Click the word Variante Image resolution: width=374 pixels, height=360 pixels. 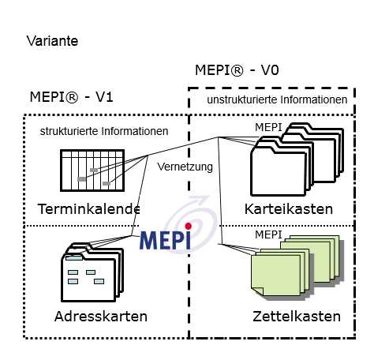(52, 41)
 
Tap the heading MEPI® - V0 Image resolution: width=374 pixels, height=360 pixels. (237, 70)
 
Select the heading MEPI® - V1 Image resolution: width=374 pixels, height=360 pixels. (72, 97)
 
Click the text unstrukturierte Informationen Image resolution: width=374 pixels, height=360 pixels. (277, 99)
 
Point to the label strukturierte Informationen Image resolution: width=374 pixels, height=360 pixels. (104, 131)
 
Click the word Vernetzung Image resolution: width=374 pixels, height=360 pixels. (185, 167)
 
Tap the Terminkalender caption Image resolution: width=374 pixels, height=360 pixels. (89, 209)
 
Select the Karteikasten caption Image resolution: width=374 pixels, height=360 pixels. (289, 209)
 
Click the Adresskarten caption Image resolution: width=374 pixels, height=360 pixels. (101, 316)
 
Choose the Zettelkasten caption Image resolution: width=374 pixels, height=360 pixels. (297, 316)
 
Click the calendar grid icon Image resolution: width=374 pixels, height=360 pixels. (92, 171)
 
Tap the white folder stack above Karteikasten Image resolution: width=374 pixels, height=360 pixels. (297, 159)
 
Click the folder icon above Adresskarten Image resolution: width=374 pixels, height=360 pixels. (92, 272)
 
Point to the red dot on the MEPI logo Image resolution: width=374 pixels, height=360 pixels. (188, 226)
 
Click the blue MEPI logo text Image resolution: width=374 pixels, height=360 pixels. (166, 240)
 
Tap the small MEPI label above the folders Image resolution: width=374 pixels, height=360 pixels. (268, 127)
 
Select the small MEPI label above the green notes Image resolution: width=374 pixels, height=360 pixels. (268, 234)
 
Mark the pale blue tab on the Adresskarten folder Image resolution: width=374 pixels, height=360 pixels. (74, 258)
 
